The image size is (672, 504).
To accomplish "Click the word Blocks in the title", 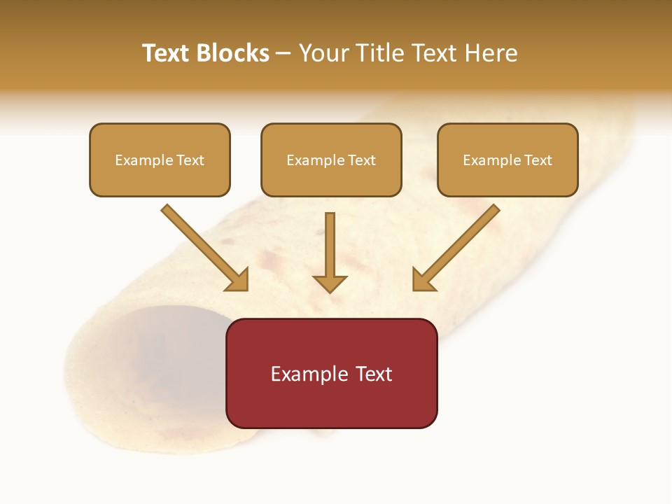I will pos(232,53).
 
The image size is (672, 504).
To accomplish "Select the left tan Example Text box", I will pos(160,160).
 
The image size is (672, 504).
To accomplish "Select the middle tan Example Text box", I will pos(331,160).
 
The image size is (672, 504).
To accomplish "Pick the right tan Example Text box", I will pos(507,160).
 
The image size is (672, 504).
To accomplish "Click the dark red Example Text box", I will pos(332,373).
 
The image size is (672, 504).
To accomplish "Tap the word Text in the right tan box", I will pos(538,160).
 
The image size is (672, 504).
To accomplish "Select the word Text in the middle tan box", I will pos(362,160).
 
